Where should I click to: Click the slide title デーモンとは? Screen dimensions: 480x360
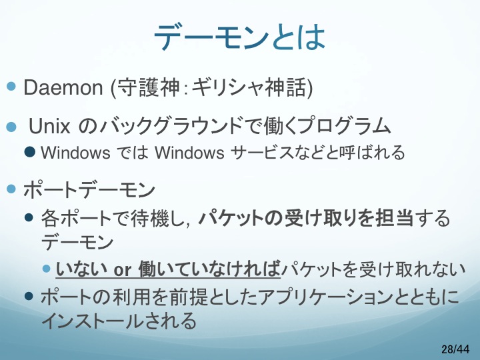[x=239, y=37]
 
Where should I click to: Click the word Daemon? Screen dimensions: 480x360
[x=63, y=87]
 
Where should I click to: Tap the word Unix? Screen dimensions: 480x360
[x=49, y=126]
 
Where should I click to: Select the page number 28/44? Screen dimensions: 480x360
[x=455, y=349]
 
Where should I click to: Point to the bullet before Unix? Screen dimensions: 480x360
[x=11, y=127]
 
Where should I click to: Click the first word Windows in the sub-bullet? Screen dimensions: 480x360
[x=75, y=153]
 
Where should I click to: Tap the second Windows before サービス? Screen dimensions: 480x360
[x=189, y=153]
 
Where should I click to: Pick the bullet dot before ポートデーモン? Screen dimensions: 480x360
[x=11, y=189]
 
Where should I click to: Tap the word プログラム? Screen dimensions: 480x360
[x=345, y=126]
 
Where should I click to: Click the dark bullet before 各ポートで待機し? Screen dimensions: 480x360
[x=29, y=217]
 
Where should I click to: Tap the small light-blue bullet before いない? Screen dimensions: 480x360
[x=47, y=269]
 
